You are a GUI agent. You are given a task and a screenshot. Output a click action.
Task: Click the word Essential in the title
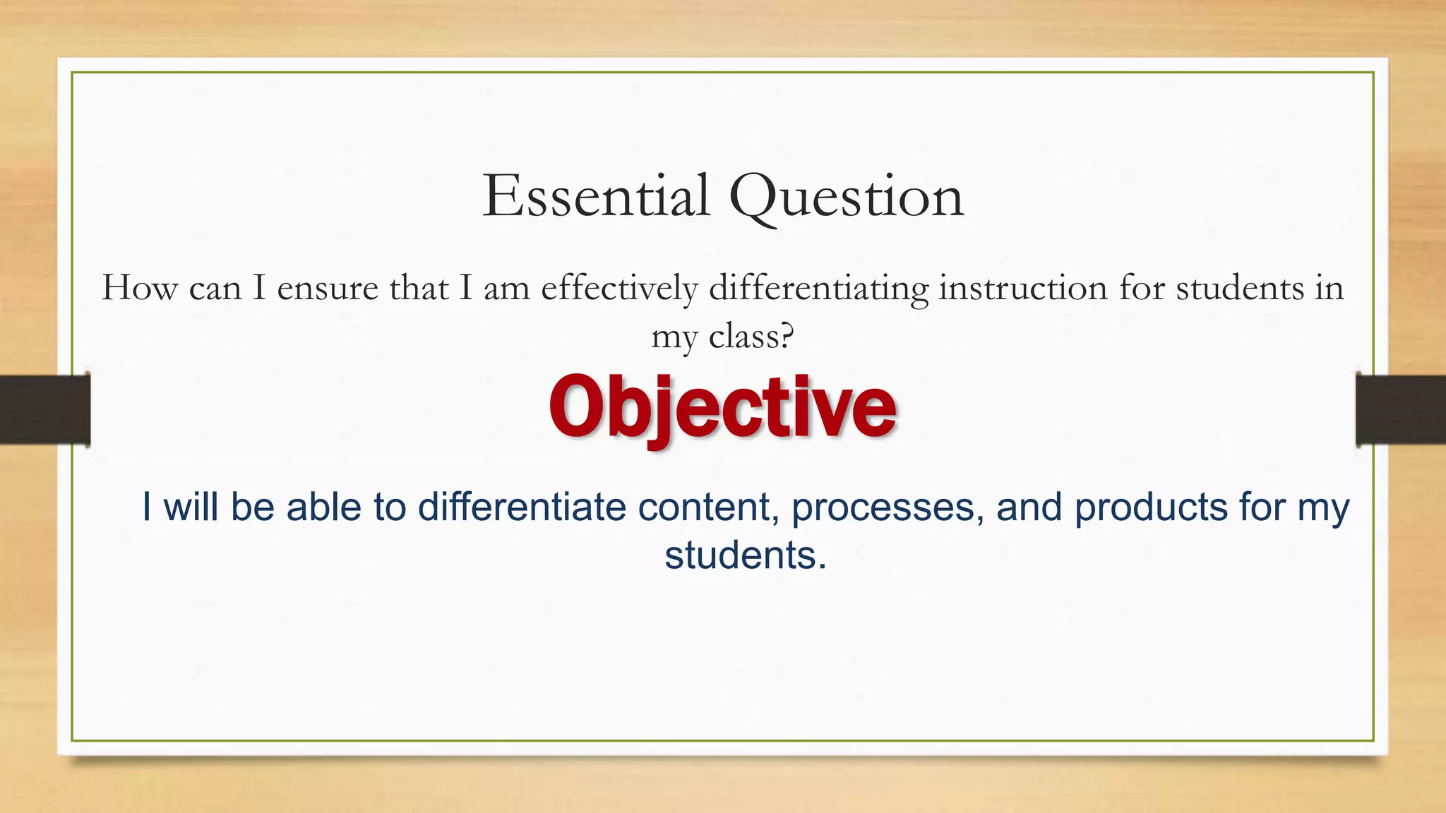coord(596,196)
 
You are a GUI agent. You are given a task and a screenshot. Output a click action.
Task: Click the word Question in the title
coord(846,198)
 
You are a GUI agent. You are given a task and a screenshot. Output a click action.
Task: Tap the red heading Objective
coord(722,407)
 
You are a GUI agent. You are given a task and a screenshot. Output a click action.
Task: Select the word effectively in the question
coord(619,288)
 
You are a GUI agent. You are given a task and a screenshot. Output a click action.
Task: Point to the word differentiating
coord(818,288)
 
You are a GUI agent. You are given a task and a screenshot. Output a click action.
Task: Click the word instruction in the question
coord(1022,288)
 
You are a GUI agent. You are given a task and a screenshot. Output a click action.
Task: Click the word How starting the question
coord(139,288)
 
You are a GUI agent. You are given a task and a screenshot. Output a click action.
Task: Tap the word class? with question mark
coord(751,336)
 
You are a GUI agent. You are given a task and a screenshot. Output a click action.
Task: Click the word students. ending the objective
coord(745,555)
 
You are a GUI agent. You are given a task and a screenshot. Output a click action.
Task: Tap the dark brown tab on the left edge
coord(44,409)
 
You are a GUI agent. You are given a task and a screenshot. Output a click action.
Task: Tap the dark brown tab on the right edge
coord(1401,409)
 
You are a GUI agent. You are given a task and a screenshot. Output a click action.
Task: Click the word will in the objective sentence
coord(191,507)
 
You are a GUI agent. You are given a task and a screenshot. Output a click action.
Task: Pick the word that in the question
coord(419,288)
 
